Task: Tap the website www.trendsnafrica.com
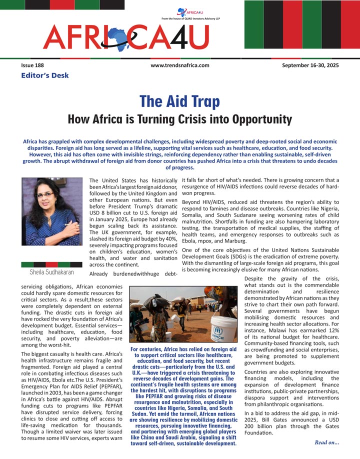click(179, 65)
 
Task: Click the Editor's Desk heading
click(44, 75)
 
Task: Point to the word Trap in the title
click(199, 102)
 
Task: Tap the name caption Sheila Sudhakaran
click(48, 272)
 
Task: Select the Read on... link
click(326, 442)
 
